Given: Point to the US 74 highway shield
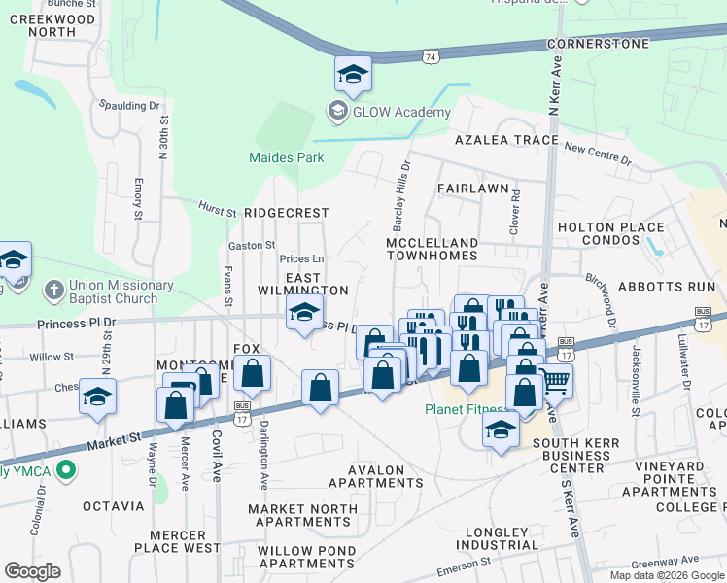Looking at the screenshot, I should [431, 58].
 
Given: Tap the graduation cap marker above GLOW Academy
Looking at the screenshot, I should [353, 73].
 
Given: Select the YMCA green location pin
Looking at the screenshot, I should [66, 471].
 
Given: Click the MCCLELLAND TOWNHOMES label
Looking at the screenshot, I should [433, 249].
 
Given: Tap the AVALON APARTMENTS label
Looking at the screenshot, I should [375, 476].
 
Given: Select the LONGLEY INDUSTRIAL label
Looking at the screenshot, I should [488, 538].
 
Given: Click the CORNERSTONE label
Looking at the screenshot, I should [597, 45].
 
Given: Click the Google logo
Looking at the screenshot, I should [32, 571].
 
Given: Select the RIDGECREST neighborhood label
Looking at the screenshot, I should [287, 212].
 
